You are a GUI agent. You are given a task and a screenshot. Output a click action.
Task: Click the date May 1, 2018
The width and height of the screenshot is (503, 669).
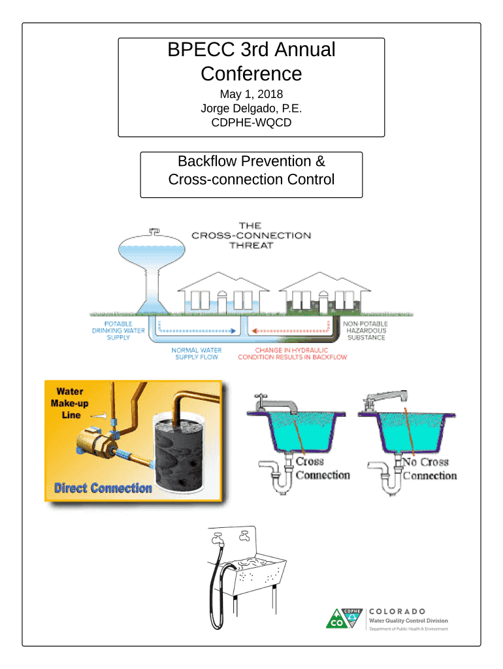coord(251,94)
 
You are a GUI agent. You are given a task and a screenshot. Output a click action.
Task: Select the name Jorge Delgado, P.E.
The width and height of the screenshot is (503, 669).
coord(251,108)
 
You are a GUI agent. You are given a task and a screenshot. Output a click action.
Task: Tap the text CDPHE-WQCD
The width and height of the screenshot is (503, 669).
coord(251,122)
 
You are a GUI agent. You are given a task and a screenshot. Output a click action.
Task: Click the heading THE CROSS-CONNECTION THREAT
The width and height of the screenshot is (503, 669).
coord(251,235)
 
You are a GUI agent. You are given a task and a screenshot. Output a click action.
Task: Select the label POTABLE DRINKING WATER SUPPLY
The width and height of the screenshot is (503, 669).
coord(118,330)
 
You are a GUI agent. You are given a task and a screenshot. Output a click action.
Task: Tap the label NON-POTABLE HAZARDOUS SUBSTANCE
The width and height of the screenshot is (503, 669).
coord(366,330)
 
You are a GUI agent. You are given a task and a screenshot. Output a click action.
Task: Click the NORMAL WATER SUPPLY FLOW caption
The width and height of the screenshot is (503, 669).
coord(196,354)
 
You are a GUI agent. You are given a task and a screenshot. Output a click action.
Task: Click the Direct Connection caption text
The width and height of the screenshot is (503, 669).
coord(103,488)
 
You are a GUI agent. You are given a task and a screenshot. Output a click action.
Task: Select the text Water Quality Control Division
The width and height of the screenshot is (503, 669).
coord(408,621)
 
